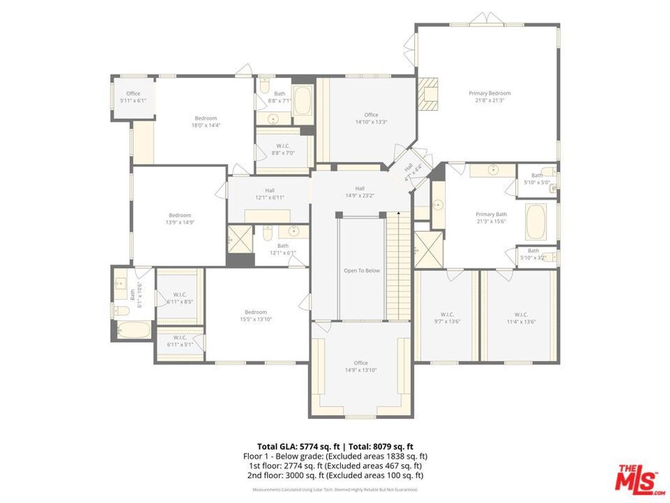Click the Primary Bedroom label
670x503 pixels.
(489, 97)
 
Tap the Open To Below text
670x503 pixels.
(362, 270)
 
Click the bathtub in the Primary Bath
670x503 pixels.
(536, 222)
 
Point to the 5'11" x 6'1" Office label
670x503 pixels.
(133, 97)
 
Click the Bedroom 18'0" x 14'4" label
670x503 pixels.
(205, 122)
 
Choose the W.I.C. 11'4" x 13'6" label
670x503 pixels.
(521, 318)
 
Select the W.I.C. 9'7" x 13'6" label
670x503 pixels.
(447, 318)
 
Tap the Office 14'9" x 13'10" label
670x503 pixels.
(361, 367)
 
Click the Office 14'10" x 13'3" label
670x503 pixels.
(371, 119)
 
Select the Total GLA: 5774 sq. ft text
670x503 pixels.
(298, 445)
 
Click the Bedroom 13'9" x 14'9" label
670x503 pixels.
(180, 219)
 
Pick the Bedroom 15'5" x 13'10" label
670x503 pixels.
(256, 316)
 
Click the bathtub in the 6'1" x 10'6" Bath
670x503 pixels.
(133, 329)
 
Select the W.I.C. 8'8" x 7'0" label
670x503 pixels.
(283, 149)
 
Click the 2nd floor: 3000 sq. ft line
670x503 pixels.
(334, 475)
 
